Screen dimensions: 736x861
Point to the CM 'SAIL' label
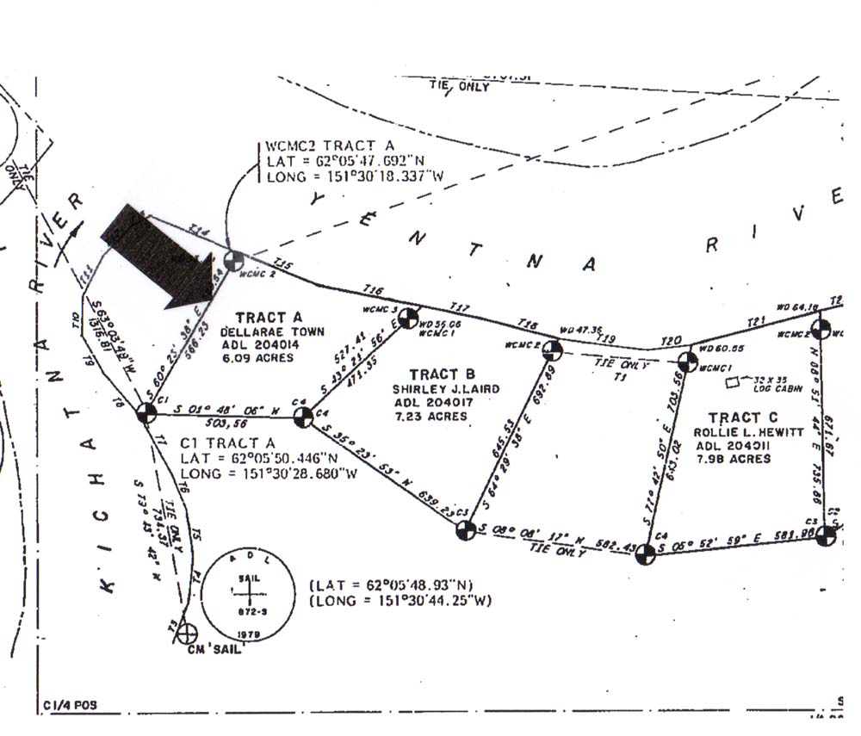click(x=212, y=649)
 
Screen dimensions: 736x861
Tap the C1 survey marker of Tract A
click(x=146, y=414)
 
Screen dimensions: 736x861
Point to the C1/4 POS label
click(x=69, y=706)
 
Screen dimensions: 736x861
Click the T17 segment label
click(x=461, y=307)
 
